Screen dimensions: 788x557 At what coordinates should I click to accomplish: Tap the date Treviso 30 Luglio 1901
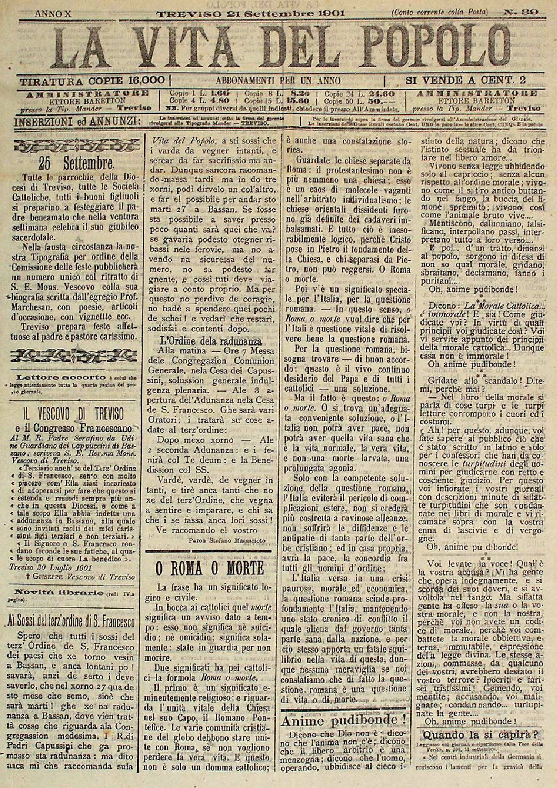(x=45, y=567)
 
